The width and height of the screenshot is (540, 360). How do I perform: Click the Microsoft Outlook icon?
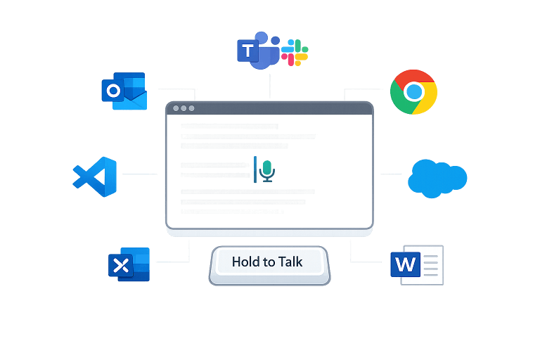(124, 91)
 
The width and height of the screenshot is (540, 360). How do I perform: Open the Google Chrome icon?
(414, 91)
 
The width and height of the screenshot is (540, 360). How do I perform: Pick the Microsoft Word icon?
(416, 264)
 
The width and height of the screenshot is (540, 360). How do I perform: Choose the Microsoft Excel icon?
(129, 265)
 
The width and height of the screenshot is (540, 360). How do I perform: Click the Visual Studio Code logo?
(96, 176)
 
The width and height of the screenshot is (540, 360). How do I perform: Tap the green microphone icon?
(266, 169)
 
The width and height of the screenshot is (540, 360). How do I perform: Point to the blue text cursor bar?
(255, 169)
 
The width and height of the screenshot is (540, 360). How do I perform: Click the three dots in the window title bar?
(183, 108)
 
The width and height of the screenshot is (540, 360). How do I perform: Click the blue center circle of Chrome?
(414, 91)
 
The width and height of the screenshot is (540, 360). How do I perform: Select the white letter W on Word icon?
(405, 265)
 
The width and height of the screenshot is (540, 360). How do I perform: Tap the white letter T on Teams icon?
(247, 51)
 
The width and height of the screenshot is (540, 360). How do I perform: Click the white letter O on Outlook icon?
(112, 91)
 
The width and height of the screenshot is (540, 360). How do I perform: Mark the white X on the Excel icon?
(120, 266)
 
